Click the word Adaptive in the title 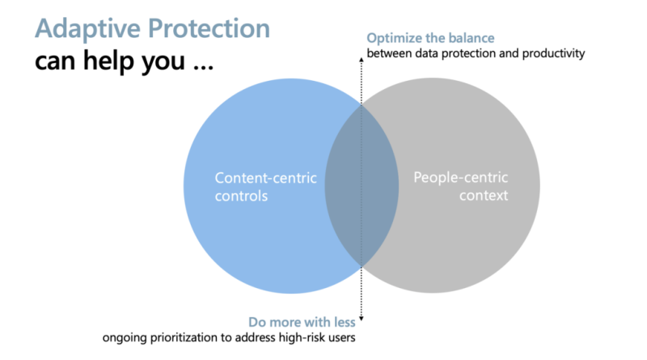(88, 29)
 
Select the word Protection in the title (209, 28)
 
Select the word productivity (553, 53)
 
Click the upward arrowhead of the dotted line (361, 60)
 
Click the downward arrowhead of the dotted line (361, 319)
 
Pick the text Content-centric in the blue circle (266, 178)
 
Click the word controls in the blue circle (241, 196)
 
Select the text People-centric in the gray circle (460, 178)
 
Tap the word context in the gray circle (484, 195)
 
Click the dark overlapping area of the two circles (362, 186)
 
